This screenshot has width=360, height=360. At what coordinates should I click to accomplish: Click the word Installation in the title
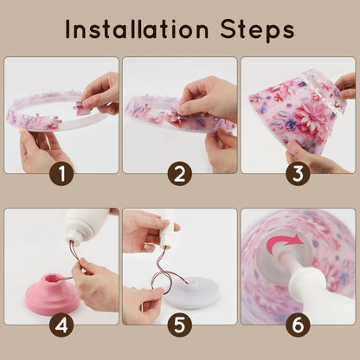click(x=137, y=29)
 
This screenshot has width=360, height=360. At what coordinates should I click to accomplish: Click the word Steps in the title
click(x=257, y=30)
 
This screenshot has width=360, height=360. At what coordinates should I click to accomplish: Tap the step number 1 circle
click(x=61, y=174)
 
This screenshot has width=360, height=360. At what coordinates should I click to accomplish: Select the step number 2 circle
click(x=180, y=174)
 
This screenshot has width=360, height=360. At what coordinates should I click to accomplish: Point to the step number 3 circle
click(x=298, y=174)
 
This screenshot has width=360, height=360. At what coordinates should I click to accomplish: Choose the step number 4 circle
click(x=61, y=325)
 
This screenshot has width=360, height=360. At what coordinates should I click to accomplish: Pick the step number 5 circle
click(x=180, y=325)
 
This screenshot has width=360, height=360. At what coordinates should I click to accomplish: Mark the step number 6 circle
click(x=298, y=325)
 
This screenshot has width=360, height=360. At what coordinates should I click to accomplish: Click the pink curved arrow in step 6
click(x=284, y=241)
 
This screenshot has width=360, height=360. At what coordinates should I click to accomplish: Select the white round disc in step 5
click(x=192, y=292)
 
